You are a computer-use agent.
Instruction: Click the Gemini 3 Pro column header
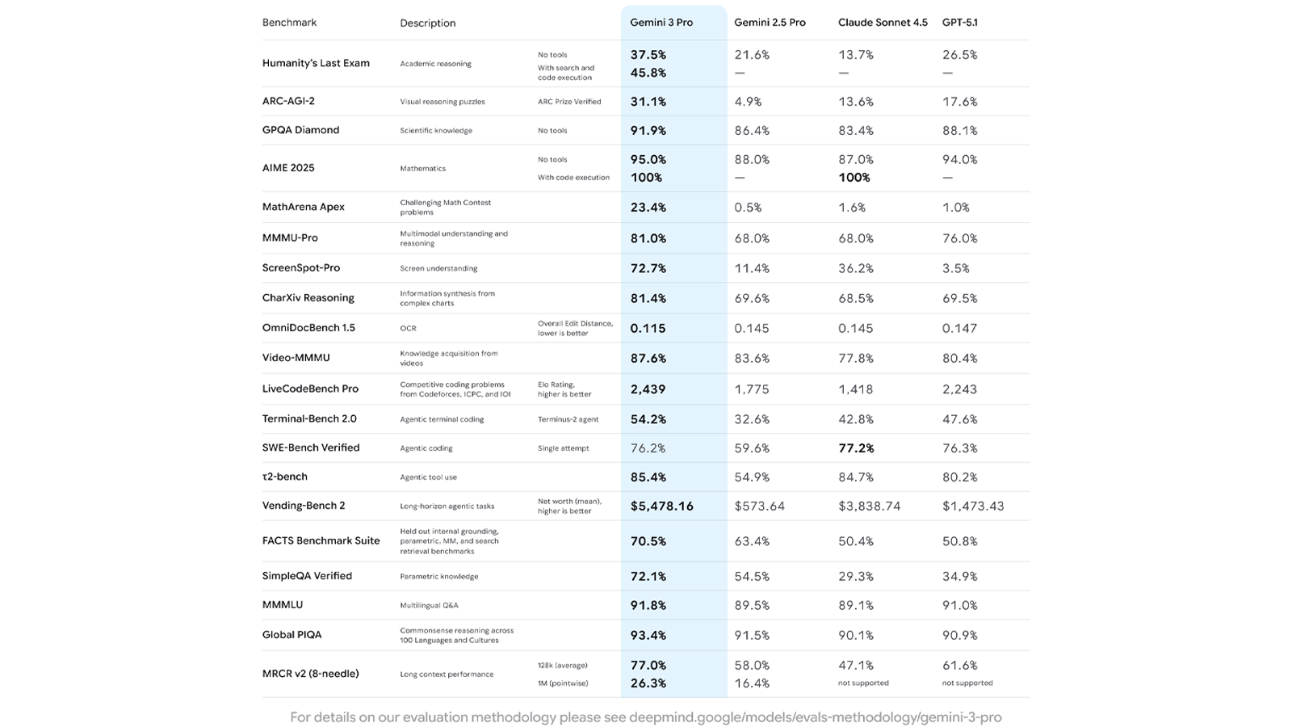pos(661,23)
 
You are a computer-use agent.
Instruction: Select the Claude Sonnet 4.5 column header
pos(883,23)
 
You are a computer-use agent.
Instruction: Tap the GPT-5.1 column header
pos(959,23)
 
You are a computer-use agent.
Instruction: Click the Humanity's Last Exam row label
pos(316,63)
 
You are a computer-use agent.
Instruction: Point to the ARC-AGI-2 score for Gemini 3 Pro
pos(648,102)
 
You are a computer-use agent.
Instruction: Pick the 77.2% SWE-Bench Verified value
pos(856,448)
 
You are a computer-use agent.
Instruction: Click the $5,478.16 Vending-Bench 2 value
pos(661,506)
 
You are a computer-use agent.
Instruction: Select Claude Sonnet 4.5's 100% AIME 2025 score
pos(854,178)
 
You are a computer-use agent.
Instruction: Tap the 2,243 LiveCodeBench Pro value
pos(959,389)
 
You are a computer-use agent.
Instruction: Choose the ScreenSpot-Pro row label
pos(301,268)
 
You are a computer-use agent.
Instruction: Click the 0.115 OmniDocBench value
pos(648,329)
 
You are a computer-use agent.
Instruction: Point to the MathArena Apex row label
pos(303,207)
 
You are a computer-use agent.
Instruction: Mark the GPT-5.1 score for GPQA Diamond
pos(959,131)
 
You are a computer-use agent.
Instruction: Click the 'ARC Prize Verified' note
pos(569,102)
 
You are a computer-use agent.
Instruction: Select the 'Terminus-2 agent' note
pos(568,419)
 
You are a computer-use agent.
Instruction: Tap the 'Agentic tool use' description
pos(428,477)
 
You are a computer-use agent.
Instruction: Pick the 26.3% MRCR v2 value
pos(648,683)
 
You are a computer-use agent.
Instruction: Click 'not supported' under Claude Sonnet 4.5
pos(863,683)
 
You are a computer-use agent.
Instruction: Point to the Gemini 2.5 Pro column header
pos(770,23)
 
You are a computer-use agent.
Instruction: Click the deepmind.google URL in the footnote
pos(815,717)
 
